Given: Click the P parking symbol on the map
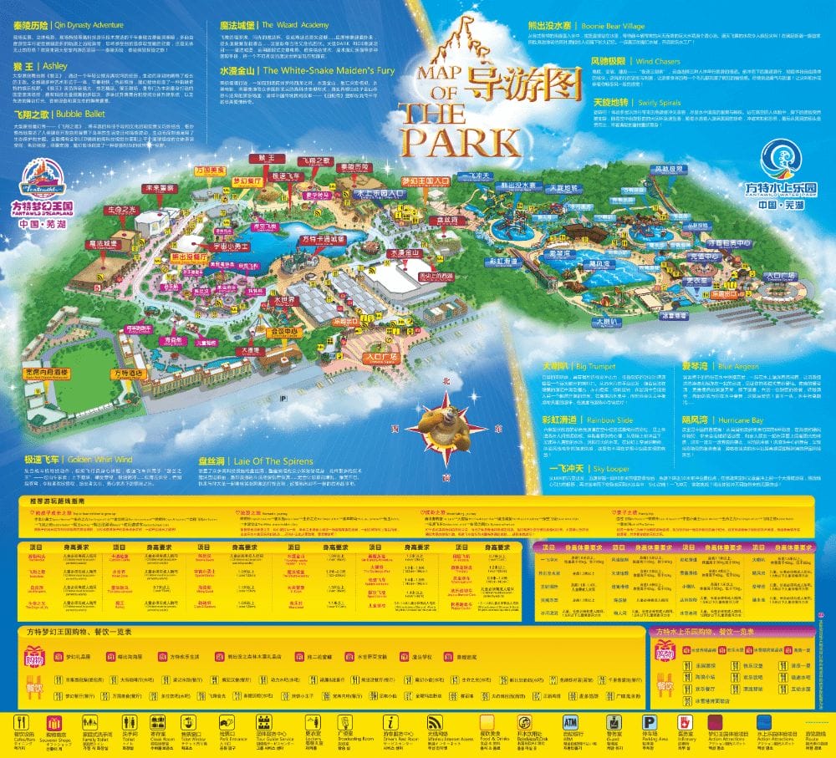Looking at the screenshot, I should [x=284, y=398].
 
